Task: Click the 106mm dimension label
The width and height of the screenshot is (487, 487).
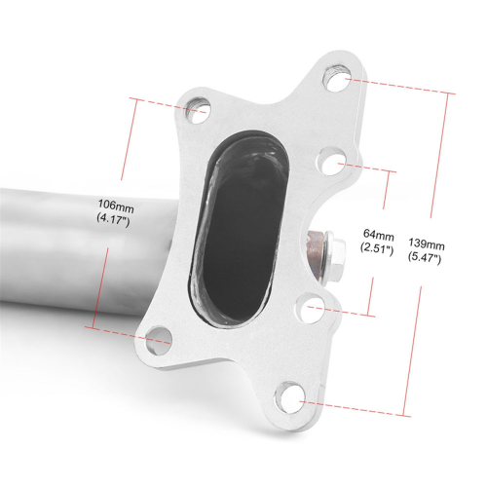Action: (116, 206)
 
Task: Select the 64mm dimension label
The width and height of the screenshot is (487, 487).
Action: (379, 235)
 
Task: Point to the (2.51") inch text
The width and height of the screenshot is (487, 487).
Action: (377, 248)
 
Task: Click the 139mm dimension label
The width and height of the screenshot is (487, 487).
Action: (427, 244)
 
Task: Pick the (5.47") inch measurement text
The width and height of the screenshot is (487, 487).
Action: (424, 258)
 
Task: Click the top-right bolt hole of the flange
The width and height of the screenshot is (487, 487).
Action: (337, 78)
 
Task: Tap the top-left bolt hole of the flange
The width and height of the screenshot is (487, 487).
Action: (198, 110)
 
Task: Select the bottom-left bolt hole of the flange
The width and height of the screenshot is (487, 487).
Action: (159, 341)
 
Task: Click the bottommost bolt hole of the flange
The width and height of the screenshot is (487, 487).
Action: (290, 397)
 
